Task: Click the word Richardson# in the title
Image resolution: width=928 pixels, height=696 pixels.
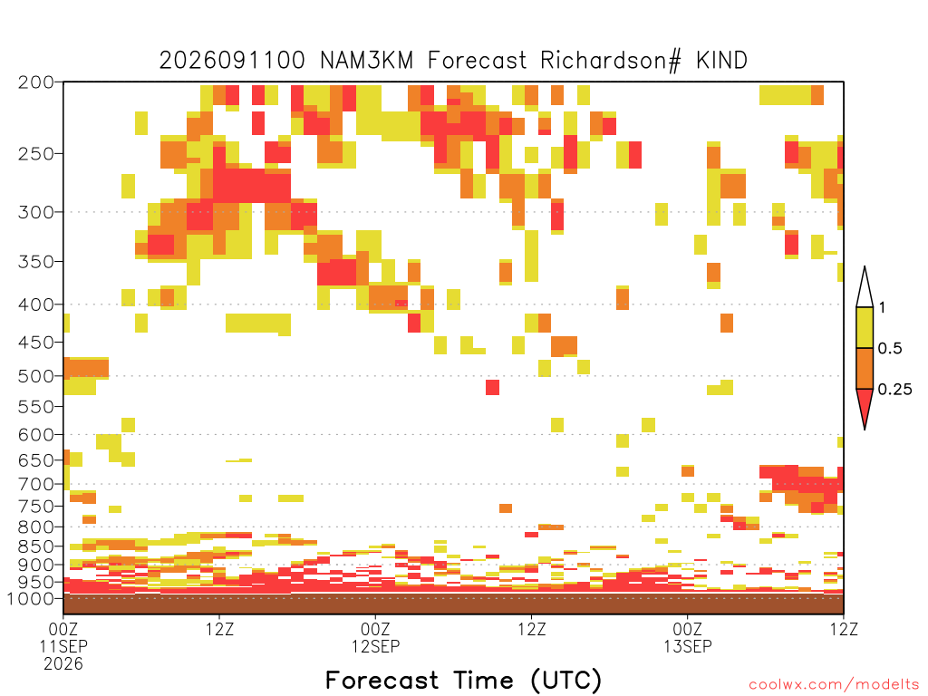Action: [611, 61]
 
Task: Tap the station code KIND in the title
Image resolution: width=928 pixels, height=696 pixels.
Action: [721, 61]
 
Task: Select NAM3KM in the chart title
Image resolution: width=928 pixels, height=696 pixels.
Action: [366, 61]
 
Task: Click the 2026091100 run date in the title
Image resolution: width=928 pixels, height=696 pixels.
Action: [232, 61]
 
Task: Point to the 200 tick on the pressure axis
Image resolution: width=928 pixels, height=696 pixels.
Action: [36, 82]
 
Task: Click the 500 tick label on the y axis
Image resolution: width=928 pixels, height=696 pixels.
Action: [36, 376]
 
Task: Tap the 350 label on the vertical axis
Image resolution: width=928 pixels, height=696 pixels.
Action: [36, 262]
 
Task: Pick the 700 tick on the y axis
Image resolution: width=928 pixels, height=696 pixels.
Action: [36, 484]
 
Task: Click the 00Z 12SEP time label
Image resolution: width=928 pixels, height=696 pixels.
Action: [375, 637]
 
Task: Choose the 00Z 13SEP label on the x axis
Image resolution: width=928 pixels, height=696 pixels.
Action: [687, 637]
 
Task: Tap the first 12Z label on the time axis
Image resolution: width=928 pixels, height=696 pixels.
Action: [219, 629]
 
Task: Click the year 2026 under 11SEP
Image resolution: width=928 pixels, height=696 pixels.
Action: [63, 664]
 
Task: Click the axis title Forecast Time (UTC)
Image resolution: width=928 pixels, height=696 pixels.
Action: [463, 680]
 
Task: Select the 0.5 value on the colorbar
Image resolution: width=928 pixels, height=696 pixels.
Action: [890, 348]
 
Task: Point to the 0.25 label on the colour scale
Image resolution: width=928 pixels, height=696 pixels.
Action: [894, 389]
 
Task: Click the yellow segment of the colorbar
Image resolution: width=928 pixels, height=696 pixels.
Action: [865, 327]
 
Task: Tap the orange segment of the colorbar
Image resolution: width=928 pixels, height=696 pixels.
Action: [865, 368]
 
